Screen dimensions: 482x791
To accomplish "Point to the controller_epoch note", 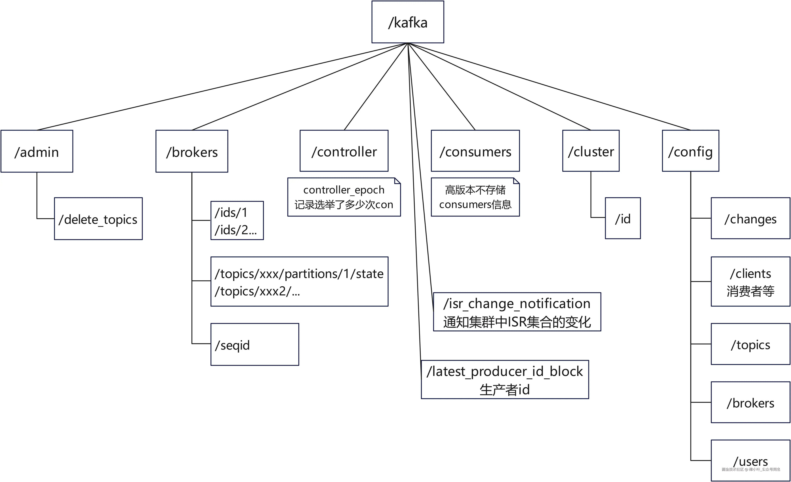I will click(344, 197).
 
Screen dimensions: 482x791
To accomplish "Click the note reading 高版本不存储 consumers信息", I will click(475, 197).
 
